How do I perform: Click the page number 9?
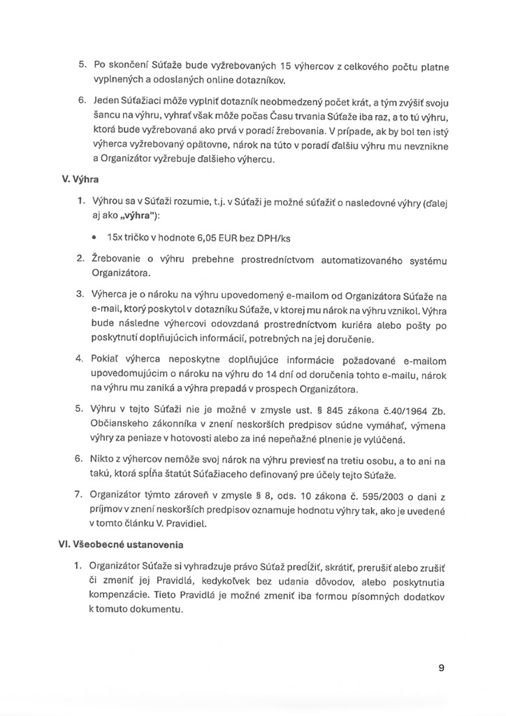click(442, 667)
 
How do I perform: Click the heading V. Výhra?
click(82, 178)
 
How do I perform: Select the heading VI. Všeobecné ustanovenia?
click(117, 543)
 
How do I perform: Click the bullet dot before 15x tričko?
click(95, 238)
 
